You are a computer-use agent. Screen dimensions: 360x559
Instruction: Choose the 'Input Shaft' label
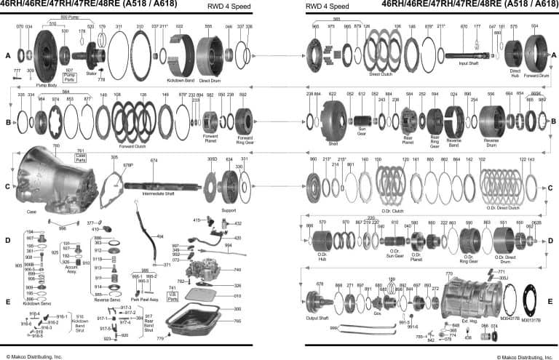pyautogui.click(x=468, y=63)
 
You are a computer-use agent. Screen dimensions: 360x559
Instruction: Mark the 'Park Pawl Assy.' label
pyautogui.click(x=146, y=298)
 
